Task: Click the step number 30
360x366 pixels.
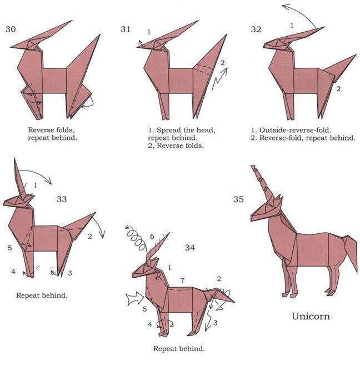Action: tap(11, 29)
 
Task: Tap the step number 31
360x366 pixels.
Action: tap(126, 29)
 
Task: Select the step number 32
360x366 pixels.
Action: tap(256, 29)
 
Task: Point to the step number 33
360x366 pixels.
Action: tap(62, 199)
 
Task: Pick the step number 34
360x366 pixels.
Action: tap(190, 247)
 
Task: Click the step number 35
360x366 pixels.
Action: tap(238, 199)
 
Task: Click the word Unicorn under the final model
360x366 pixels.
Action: tap(311, 316)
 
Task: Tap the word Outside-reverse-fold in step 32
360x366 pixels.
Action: tap(295, 130)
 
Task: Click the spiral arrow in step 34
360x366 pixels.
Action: tap(135, 237)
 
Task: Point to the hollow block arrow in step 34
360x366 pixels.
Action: tap(136, 299)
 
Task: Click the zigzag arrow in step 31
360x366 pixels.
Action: tap(219, 79)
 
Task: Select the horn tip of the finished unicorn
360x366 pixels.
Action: tap(252, 166)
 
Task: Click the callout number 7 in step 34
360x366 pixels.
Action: tap(182, 280)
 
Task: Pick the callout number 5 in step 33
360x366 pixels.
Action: tap(9, 248)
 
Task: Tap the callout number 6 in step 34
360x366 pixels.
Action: tap(152, 237)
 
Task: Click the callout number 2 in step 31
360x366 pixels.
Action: tap(222, 63)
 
